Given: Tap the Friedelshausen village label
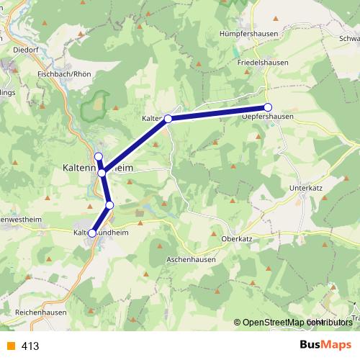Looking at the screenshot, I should [x=263, y=63].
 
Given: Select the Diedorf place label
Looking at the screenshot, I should [x=27, y=51].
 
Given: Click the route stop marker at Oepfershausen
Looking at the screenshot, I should [x=268, y=108].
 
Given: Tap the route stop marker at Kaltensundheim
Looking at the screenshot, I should [x=92, y=233].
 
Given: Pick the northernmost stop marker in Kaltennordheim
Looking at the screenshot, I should [x=99, y=157].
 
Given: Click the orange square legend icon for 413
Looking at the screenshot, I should [x=10, y=346].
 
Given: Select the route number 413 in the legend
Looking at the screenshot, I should [x=30, y=346].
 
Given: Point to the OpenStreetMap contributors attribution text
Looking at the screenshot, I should [x=292, y=323].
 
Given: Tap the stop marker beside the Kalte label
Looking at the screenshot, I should [x=168, y=119].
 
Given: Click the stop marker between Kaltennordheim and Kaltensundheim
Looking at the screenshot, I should [x=109, y=205].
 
